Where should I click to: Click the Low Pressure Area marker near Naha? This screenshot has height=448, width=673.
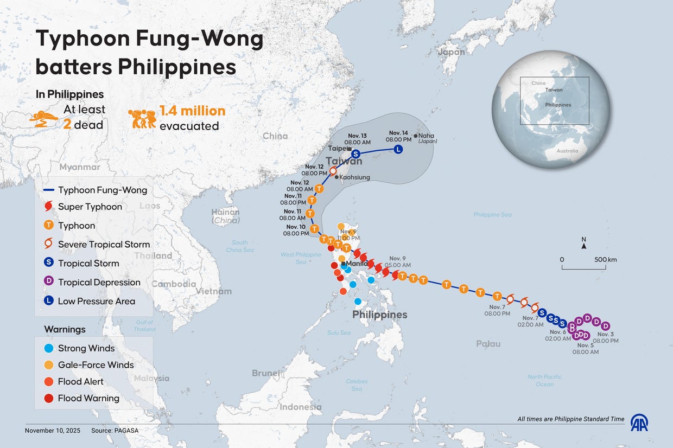(398, 150)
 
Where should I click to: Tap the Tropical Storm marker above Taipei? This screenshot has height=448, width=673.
(356, 153)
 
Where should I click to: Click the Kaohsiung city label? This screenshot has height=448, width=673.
(354, 177)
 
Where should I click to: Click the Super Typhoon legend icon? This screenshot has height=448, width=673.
(49, 207)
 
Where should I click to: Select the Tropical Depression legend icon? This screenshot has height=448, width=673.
(49, 282)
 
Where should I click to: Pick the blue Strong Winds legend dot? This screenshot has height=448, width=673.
(49, 348)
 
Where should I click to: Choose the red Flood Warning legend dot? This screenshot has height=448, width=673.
(49, 398)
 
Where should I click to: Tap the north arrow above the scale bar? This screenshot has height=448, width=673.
(583, 246)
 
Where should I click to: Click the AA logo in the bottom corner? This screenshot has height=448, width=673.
(639, 423)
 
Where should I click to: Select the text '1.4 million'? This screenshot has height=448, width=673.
(192, 111)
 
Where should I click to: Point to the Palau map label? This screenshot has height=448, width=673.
(488, 344)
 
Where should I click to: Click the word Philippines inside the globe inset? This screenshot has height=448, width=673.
(558, 105)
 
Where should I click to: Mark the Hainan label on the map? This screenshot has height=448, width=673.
(225, 212)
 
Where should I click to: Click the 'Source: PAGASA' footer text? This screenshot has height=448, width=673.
(113, 430)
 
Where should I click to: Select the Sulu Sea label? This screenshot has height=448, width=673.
(338, 332)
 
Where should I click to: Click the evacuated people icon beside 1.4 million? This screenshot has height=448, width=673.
(142, 119)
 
